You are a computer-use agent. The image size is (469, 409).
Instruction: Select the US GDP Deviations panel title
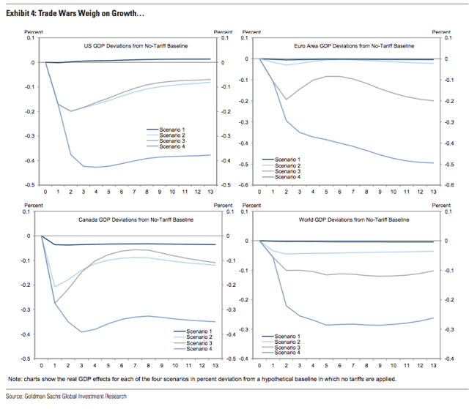click(x=136, y=46)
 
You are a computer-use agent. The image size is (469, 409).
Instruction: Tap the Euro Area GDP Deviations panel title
click(x=354, y=46)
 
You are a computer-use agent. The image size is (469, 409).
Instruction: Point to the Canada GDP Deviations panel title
click(x=136, y=219)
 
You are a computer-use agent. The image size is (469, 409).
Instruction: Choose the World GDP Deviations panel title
click(x=354, y=219)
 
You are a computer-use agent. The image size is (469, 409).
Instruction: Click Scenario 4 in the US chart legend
click(x=172, y=146)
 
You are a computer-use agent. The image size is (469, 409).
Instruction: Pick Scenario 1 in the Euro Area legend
click(x=287, y=160)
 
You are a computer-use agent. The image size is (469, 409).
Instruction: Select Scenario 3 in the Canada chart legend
click(x=199, y=343)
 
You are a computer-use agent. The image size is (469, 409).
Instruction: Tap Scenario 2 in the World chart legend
click(x=287, y=342)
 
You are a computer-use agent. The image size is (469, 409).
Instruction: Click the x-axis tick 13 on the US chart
click(x=210, y=192)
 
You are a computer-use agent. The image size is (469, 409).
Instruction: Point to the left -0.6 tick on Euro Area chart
click(x=244, y=185)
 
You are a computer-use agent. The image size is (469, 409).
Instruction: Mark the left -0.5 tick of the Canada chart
click(x=26, y=359)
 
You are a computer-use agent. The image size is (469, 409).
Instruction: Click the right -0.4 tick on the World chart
click(x=449, y=359)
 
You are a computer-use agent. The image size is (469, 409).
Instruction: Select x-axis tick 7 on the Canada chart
click(x=135, y=366)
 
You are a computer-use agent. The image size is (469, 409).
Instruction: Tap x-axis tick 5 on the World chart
click(x=326, y=366)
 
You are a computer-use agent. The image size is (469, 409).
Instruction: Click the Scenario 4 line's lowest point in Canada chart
click(x=81, y=332)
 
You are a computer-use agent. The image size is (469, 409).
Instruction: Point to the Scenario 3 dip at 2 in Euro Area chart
click(x=287, y=100)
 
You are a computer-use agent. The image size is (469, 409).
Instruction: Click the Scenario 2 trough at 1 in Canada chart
click(x=55, y=287)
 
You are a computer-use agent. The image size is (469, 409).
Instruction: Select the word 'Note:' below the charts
click(x=15, y=380)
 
